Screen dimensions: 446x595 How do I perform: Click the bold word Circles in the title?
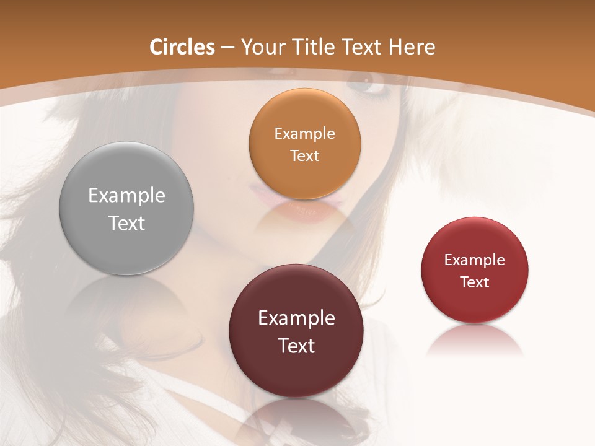[182, 47]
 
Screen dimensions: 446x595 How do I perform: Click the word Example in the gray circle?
[126, 196]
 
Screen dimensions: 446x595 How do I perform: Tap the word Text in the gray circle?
[126, 223]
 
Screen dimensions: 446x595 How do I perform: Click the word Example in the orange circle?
[304, 134]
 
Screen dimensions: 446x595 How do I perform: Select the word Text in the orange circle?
[304, 155]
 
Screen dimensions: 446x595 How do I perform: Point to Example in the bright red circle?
[475, 260]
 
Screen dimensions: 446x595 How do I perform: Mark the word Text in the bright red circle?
[475, 282]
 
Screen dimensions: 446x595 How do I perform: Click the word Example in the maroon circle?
[296, 318]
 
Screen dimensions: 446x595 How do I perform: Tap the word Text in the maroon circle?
[296, 346]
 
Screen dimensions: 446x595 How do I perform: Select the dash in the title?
[227, 48]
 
